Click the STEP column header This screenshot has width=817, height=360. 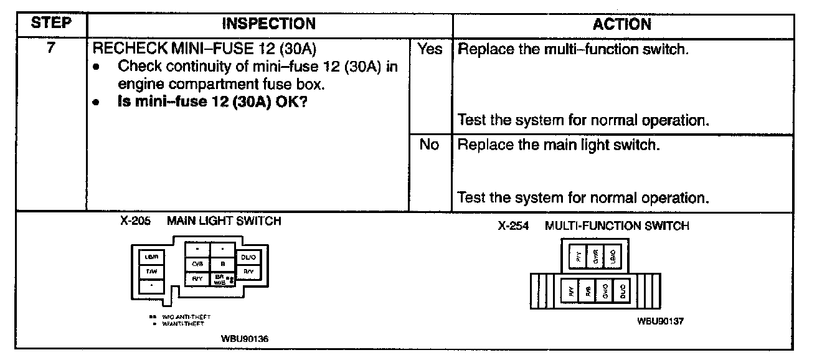[50, 24]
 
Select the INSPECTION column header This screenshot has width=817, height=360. [269, 24]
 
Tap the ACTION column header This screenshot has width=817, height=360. [622, 24]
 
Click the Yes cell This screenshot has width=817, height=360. [430, 49]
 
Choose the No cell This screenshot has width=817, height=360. [430, 145]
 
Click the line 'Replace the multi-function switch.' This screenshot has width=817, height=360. [573, 49]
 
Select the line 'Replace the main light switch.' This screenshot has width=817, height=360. [557, 145]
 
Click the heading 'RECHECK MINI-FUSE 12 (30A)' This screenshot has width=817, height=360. [207, 49]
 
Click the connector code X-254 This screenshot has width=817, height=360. [513, 226]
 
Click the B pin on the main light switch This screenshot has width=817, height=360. [222, 264]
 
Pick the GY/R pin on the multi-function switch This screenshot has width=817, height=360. [595, 256]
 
